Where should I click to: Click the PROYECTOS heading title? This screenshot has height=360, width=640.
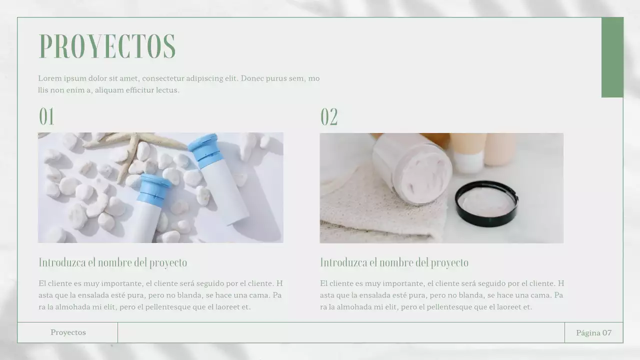(107, 46)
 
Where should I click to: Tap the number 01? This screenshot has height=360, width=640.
(46, 117)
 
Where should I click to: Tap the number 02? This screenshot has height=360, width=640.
(329, 117)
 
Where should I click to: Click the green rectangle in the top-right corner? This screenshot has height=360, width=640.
(612, 57)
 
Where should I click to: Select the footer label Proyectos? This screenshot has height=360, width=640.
(68, 332)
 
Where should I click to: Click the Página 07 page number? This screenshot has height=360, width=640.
(593, 332)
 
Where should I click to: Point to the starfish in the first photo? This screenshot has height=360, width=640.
(132, 147)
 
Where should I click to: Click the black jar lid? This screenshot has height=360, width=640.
(486, 203)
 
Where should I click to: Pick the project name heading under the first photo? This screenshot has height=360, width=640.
(113, 262)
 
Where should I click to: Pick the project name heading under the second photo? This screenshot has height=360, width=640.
(394, 262)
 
